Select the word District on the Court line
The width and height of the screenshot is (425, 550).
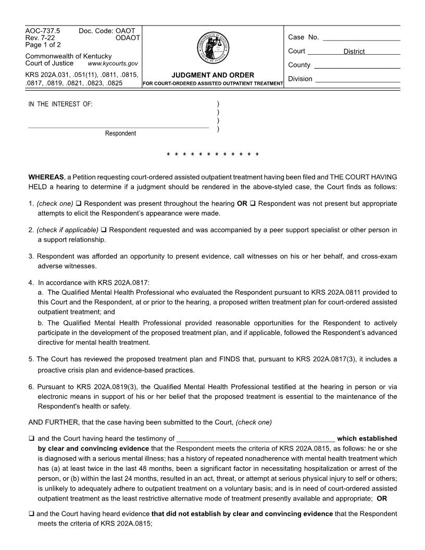click(354, 52)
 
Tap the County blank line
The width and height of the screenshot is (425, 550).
click(357, 66)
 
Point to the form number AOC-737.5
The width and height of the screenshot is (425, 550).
click(43, 31)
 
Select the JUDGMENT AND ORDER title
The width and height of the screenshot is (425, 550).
click(213, 75)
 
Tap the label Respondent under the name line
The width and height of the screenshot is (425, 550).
click(120, 133)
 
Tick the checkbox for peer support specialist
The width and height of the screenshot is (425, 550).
click(104, 230)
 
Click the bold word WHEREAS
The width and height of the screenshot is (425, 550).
click(46, 177)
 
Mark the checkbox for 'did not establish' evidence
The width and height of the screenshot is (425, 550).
click(31, 514)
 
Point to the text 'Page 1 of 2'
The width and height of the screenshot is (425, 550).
click(43, 45)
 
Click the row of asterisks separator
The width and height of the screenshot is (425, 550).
click(213, 155)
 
